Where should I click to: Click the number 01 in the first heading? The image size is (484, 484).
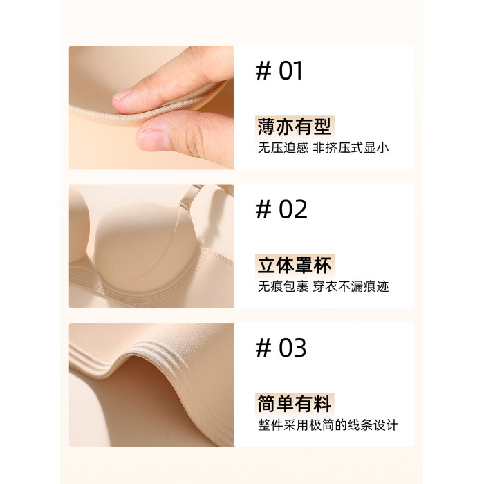290,71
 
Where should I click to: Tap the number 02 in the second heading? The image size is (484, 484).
293,210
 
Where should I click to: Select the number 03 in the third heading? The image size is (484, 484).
292,348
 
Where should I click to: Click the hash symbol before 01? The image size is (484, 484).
263,71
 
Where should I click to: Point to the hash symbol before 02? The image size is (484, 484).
263,210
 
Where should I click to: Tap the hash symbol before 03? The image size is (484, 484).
263,348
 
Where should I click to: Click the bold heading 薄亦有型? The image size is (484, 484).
295,127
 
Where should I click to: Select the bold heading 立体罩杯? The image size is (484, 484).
295,265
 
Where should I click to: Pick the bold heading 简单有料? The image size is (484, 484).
295,403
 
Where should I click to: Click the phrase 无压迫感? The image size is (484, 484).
283,148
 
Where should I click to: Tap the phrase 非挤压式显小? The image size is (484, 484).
351,148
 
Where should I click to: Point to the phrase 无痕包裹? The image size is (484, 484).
283,287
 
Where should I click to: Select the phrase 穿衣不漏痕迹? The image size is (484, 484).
351,287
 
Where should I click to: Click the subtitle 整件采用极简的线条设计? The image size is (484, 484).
328,425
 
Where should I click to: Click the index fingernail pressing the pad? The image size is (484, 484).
123,93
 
